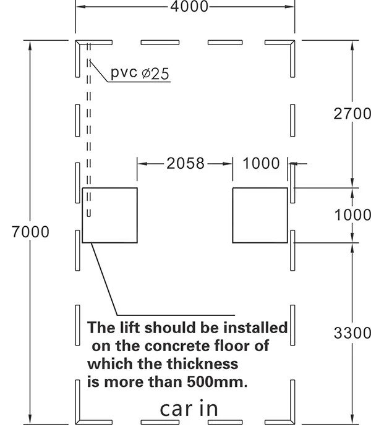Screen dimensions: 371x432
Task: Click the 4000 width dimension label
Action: (189, 6)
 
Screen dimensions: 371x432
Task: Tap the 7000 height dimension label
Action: (30, 232)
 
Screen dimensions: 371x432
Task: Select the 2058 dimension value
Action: (185, 163)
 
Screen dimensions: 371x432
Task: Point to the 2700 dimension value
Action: (352, 114)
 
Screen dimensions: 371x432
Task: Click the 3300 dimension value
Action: (352, 333)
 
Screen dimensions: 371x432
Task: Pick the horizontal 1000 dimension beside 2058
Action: (261, 163)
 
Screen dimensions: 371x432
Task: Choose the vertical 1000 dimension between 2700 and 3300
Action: (352, 215)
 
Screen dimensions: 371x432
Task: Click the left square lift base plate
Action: (109, 216)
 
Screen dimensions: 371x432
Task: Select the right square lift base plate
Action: (260, 216)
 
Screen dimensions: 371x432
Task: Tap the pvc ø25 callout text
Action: (140, 73)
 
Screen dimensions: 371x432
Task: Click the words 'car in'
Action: (189, 409)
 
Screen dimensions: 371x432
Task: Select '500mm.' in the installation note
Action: (217, 382)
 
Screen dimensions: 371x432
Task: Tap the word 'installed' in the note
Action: (255, 328)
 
